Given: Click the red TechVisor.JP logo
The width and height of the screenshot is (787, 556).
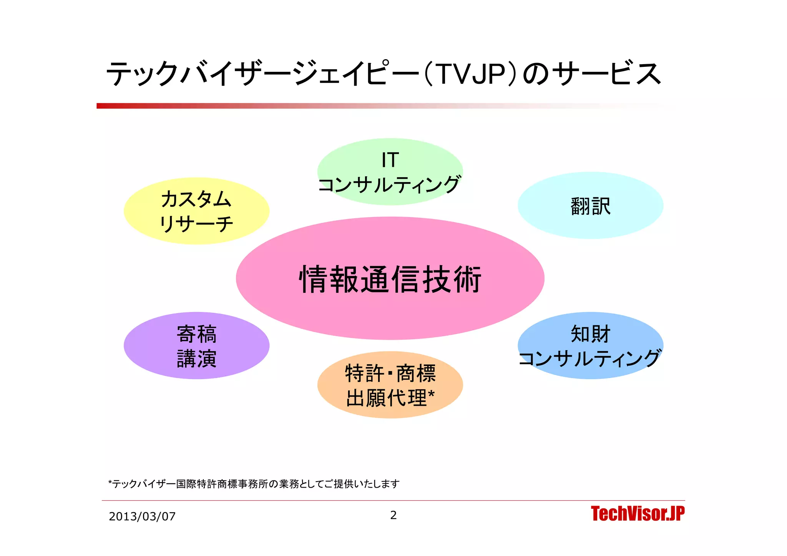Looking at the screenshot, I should (x=638, y=514).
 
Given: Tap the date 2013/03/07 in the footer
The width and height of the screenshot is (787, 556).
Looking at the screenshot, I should (x=142, y=516).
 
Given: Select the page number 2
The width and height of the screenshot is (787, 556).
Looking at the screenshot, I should (x=393, y=515).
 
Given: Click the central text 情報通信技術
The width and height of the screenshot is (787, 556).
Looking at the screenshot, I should (x=390, y=279).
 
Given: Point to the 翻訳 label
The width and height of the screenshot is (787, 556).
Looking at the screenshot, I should (x=590, y=206).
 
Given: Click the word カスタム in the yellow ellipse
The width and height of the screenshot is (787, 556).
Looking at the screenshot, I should (x=196, y=199).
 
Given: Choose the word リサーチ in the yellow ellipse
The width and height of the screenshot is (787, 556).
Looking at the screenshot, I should (x=196, y=224).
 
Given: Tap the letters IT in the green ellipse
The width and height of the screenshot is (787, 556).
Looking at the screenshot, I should (x=390, y=160).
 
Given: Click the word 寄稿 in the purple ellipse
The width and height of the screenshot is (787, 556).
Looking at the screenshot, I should (x=196, y=334).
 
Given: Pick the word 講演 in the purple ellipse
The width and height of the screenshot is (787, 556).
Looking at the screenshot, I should (x=196, y=358).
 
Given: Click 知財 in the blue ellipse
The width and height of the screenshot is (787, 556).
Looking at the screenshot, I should (x=590, y=334).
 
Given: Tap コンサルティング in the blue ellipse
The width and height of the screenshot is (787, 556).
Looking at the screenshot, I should (x=590, y=358).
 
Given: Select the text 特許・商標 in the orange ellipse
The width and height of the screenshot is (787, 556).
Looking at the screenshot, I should (x=390, y=373).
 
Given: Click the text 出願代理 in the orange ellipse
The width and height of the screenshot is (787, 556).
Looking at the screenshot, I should (x=386, y=398).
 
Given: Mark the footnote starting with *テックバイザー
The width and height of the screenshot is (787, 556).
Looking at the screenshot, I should (x=254, y=484).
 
